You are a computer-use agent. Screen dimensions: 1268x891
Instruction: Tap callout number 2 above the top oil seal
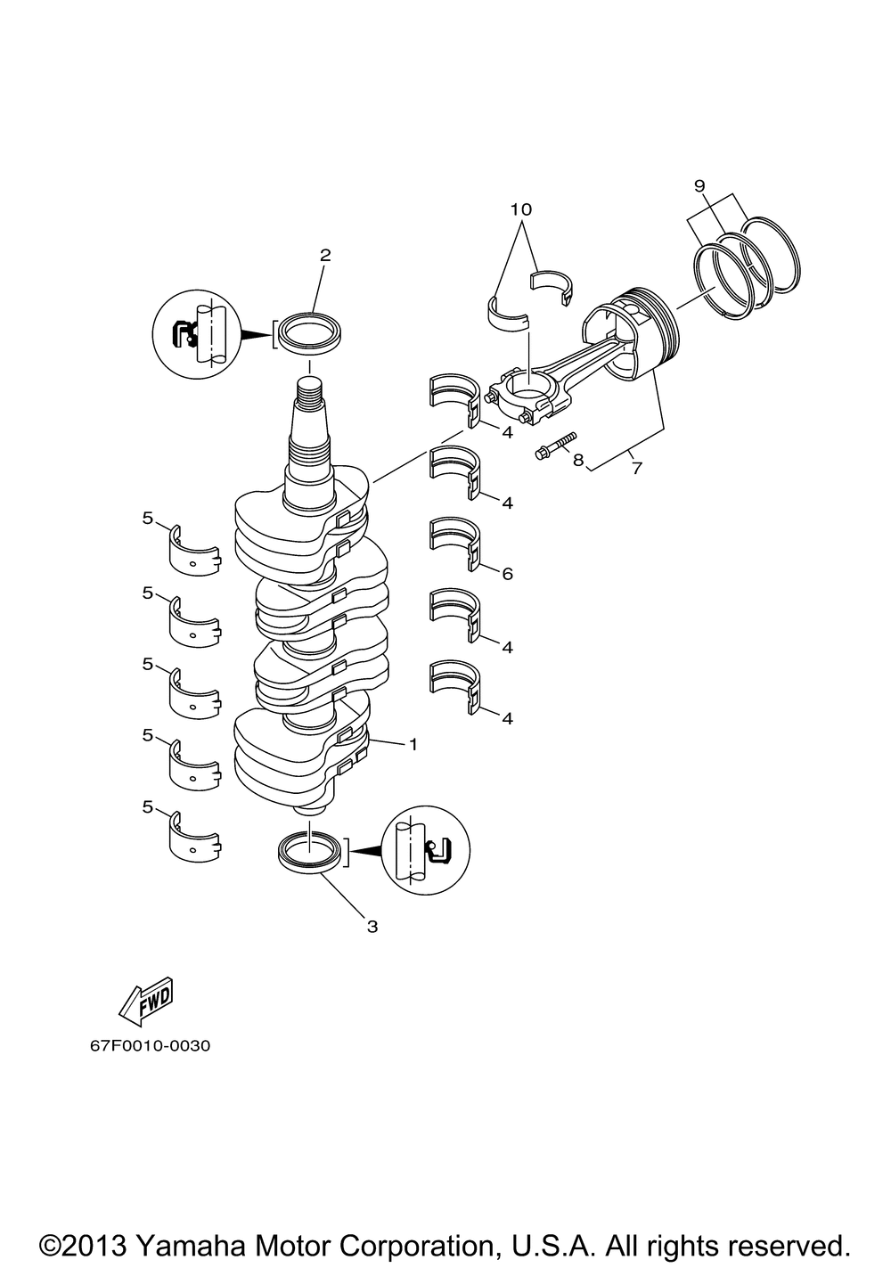(325, 255)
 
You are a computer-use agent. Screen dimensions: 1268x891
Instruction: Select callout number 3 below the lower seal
(372, 927)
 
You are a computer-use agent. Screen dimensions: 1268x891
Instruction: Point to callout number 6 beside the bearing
(507, 574)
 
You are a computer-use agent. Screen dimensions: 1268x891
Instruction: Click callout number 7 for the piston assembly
(636, 468)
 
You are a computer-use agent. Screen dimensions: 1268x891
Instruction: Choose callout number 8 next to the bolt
(577, 461)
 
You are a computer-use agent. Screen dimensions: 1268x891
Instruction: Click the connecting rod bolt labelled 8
(554, 446)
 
